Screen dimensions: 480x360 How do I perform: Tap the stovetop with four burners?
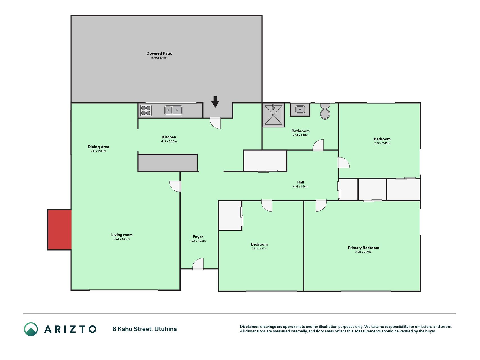click(146, 111)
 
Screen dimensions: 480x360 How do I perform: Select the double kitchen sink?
click(173, 110)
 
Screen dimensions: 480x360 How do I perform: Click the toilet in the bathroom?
click(325, 111)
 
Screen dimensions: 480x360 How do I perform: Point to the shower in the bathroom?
click(273, 115)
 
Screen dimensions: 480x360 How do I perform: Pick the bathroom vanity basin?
click(300, 109)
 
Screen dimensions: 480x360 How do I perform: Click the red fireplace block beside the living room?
click(60, 229)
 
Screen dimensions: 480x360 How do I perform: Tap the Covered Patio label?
click(159, 53)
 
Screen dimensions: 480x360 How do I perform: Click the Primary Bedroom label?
click(363, 248)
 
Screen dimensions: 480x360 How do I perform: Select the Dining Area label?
click(98, 147)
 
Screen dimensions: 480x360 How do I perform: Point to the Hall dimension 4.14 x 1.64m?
click(300, 186)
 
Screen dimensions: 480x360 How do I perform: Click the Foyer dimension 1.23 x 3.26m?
click(198, 241)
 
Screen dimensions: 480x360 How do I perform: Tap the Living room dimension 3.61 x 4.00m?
click(122, 239)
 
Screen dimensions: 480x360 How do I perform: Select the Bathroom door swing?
click(318, 145)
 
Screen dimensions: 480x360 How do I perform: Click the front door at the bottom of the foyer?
click(198, 264)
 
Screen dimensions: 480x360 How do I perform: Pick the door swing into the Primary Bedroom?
click(321, 206)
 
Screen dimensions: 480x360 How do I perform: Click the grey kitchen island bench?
click(168, 163)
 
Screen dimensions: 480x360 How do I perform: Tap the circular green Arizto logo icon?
click(31, 329)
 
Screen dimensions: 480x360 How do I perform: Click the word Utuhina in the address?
click(165, 329)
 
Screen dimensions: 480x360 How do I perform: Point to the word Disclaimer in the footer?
click(249, 327)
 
